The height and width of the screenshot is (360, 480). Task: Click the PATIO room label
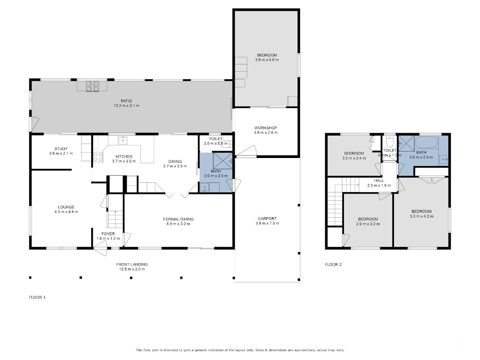click(x=126, y=101)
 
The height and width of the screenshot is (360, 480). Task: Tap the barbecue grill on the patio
click(x=92, y=86)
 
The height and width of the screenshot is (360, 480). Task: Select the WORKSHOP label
click(x=266, y=128)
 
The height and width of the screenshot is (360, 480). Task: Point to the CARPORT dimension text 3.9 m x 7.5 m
click(x=267, y=223)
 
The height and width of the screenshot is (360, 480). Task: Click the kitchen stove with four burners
click(x=98, y=157)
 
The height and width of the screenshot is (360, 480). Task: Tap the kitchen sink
click(x=123, y=140)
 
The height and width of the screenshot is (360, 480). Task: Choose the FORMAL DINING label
click(x=178, y=219)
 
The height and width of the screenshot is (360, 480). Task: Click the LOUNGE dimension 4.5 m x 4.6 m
click(x=66, y=212)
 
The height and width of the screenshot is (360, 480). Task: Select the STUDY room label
click(x=61, y=149)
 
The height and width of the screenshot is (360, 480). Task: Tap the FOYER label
click(x=108, y=234)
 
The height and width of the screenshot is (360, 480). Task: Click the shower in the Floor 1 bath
click(x=223, y=161)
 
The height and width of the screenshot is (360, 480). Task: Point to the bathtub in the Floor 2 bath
click(x=426, y=142)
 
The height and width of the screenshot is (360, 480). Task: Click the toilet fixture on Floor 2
click(x=390, y=142)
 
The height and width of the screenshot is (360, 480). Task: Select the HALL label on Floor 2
click(x=379, y=180)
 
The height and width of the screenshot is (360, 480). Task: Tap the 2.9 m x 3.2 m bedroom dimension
click(x=368, y=224)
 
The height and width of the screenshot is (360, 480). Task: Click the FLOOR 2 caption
click(x=333, y=264)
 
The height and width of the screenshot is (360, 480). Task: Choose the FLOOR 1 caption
click(x=37, y=297)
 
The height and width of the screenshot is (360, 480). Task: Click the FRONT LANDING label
click(x=132, y=264)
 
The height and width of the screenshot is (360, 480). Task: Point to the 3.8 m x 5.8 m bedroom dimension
click(x=267, y=60)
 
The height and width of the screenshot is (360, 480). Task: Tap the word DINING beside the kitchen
click(x=175, y=161)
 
